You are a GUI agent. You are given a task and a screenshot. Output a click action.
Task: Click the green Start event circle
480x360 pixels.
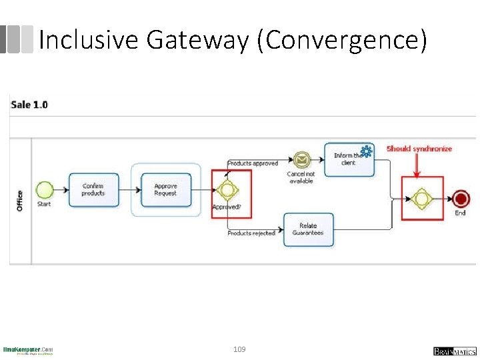(44, 189)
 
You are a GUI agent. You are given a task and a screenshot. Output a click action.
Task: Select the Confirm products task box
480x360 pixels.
(93, 189)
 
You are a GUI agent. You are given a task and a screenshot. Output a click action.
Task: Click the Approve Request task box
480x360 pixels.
(165, 189)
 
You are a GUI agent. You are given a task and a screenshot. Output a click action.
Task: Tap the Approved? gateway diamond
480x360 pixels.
(227, 191)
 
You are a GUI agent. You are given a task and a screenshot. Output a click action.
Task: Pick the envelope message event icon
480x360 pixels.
(301, 160)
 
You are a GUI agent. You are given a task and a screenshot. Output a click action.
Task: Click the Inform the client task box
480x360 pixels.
(349, 159)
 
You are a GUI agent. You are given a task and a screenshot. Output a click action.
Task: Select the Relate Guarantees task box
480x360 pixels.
(308, 229)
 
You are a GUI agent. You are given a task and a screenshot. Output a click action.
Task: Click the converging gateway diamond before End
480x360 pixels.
(421, 198)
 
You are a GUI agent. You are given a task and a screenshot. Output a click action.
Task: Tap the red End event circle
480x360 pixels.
(460, 198)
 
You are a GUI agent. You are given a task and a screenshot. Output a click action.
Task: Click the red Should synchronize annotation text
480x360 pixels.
(419, 149)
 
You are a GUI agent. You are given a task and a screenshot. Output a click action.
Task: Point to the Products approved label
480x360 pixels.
(253, 163)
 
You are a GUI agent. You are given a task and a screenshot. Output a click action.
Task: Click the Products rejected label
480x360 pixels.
(251, 233)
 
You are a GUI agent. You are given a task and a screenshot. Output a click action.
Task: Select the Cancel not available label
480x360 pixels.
(301, 177)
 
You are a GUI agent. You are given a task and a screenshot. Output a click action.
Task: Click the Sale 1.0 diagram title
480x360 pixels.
(30, 105)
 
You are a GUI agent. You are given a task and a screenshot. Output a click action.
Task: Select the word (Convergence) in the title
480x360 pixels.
(345, 40)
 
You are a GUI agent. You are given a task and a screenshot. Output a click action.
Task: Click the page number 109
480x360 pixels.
(239, 349)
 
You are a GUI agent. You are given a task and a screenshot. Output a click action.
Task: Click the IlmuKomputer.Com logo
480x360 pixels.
(28, 350)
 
